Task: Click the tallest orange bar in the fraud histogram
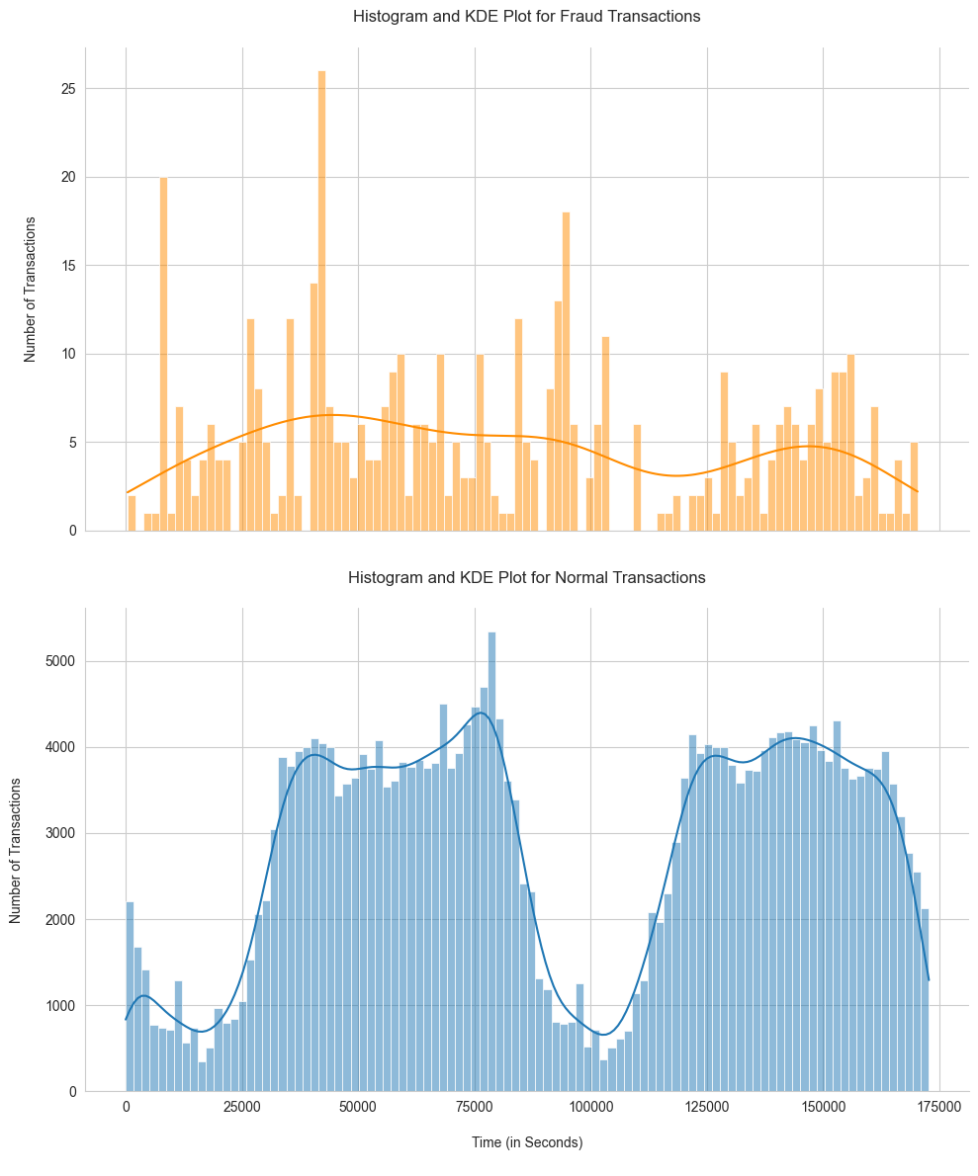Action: [321, 301]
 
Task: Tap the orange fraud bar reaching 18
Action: [566, 372]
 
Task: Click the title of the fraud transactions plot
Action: [527, 17]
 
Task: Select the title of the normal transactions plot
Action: [527, 577]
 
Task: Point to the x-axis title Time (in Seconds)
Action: [527, 1142]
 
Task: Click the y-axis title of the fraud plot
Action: [31, 290]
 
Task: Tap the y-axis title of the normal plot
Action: [16, 850]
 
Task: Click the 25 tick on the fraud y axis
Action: [68, 89]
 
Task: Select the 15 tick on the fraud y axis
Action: [68, 266]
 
